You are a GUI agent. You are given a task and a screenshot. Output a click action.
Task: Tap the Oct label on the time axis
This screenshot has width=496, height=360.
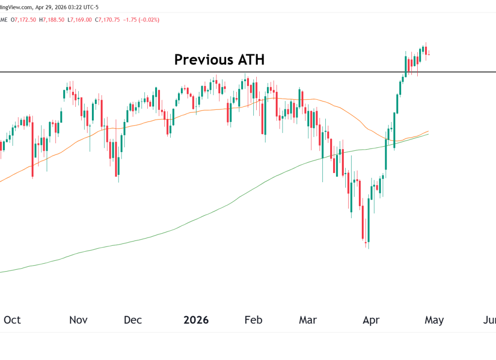click(x=12, y=320)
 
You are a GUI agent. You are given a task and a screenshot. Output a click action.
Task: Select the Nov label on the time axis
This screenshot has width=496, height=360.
click(x=78, y=320)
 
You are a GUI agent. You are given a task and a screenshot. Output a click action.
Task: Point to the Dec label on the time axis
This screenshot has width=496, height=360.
click(x=133, y=320)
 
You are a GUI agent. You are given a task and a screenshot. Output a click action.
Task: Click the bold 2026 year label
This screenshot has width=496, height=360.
click(x=196, y=320)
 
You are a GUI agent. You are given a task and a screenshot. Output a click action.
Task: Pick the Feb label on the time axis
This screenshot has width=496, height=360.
click(x=253, y=320)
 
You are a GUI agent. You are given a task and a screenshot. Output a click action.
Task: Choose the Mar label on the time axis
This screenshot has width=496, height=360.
click(x=307, y=320)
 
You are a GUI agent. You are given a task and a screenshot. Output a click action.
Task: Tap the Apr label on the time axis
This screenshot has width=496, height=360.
click(x=371, y=320)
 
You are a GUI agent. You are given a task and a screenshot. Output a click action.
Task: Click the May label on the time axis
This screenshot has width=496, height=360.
click(x=434, y=320)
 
